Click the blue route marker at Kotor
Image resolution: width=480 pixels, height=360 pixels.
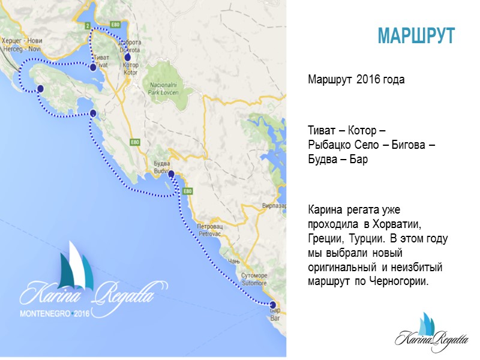[x=127, y=58]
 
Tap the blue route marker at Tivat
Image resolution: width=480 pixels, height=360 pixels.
[x=93, y=68]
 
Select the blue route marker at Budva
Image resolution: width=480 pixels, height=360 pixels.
[x=171, y=174]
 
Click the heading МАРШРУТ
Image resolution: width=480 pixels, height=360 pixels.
[x=416, y=35]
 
